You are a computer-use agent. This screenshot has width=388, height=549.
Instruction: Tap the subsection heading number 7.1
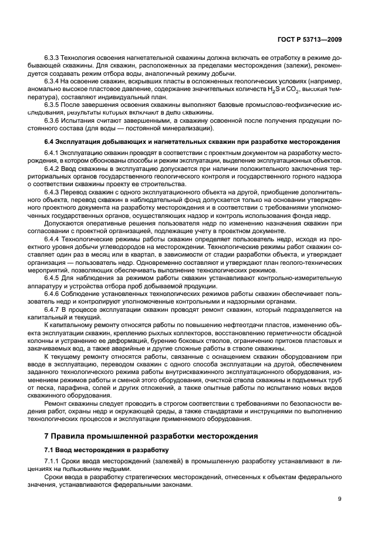[50, 450]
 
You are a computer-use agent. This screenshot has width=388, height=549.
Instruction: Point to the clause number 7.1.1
[55, 462]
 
